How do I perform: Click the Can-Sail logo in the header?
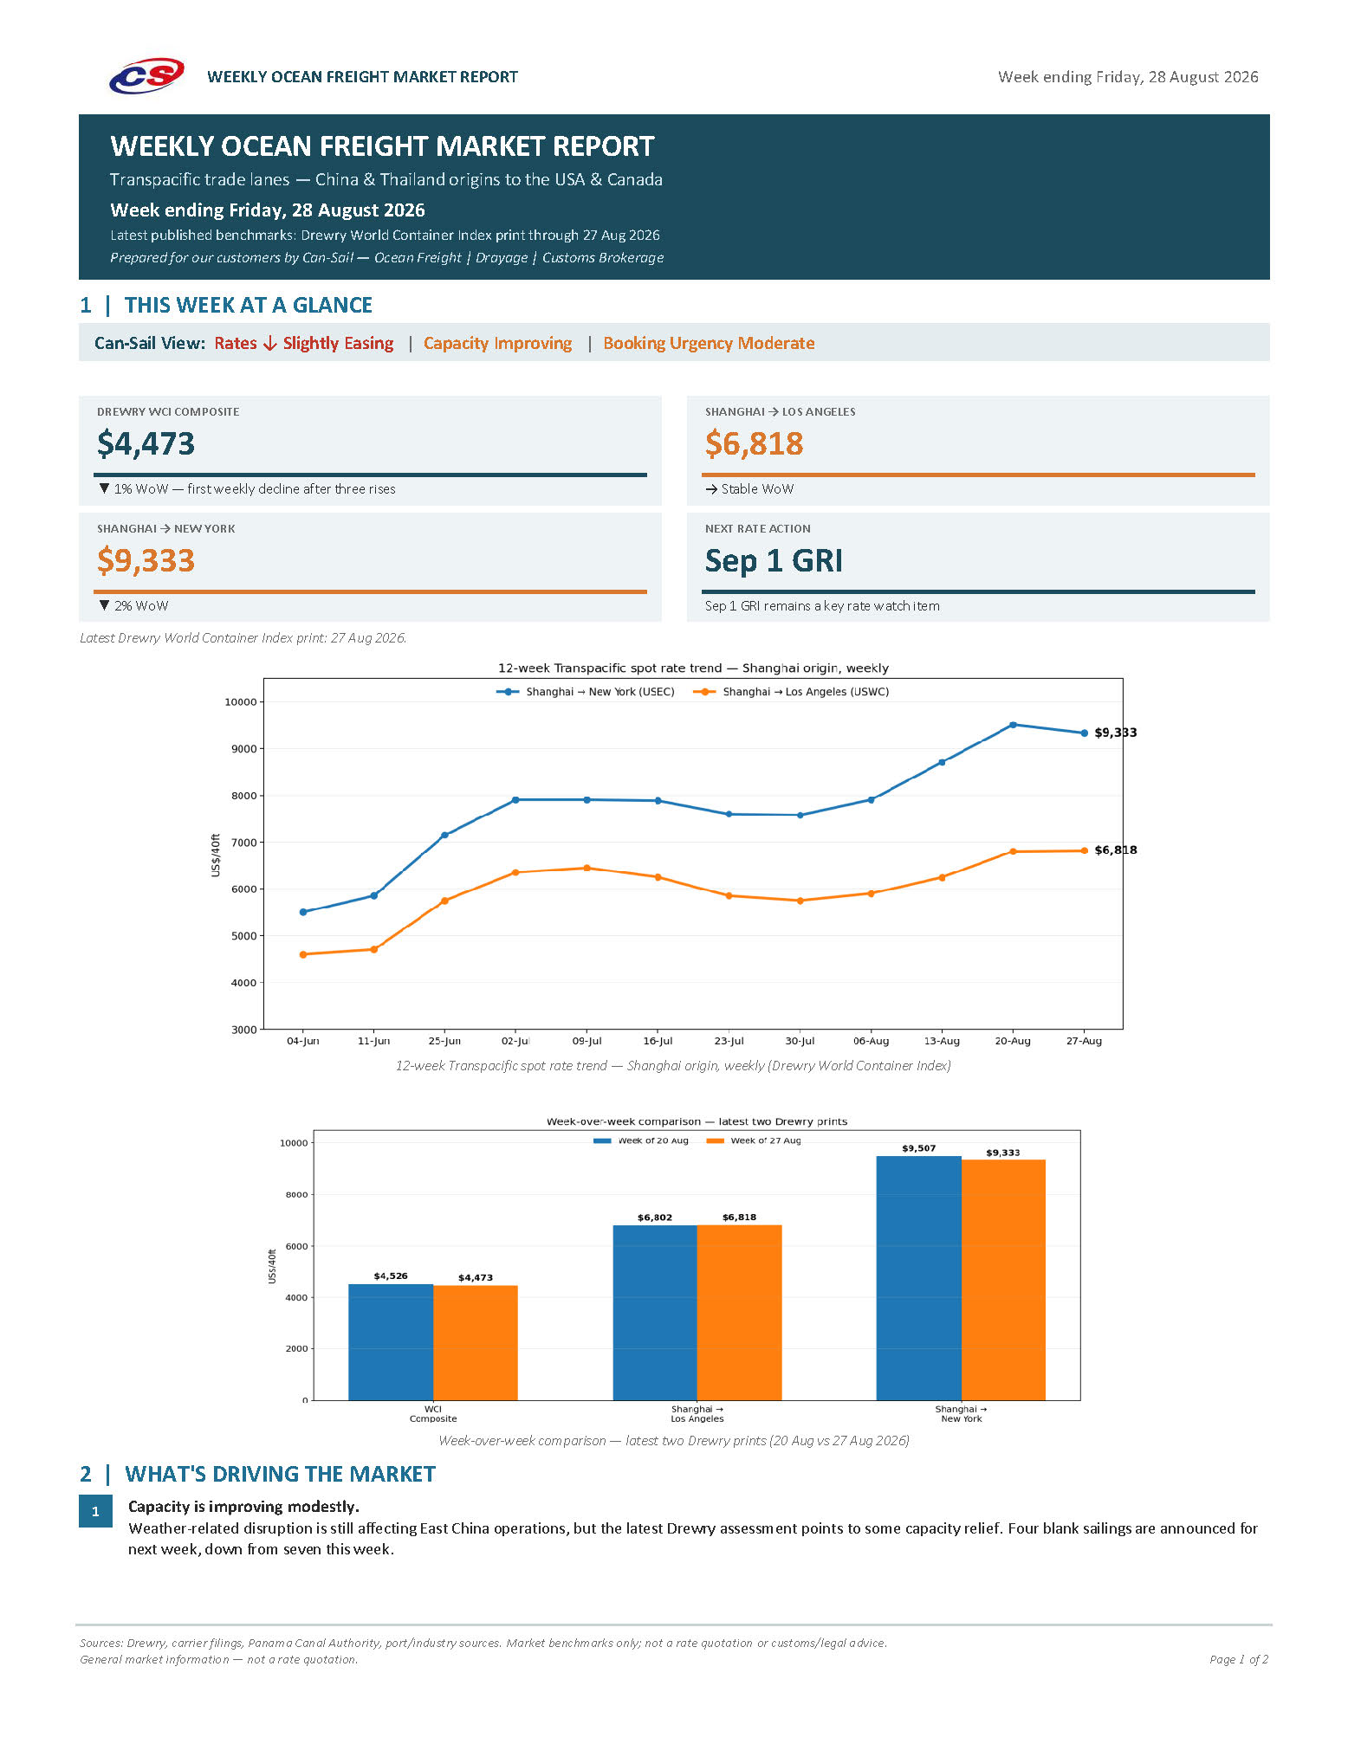[x=146, y=76]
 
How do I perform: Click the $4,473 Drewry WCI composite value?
[x=146, y=443]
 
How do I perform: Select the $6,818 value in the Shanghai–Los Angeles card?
[x=754, y=443]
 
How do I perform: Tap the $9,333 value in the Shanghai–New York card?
[x=146, y=560]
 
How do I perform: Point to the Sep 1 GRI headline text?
[x=774, y=560]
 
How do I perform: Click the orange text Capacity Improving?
[x=497, y=343]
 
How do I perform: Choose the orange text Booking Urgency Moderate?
[x=709, y=343]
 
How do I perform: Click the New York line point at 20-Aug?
[x=1013, y=725]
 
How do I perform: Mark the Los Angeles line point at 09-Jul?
[x=587, y=868]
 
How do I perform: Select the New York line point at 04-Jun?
[x=303, y=912]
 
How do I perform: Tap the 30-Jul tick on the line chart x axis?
[x=800, y=1041]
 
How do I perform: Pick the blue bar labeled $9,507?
[x=918, y=1278]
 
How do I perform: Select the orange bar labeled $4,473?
[x=476, y=1343]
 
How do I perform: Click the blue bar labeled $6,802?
[x=655, y=1313]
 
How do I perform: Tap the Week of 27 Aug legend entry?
[x=754, y=1140]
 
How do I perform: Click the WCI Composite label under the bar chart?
[x=433, y=1413]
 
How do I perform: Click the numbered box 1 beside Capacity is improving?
[x=95, y=1511]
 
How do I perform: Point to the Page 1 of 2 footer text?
[x=1239, y=1659]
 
